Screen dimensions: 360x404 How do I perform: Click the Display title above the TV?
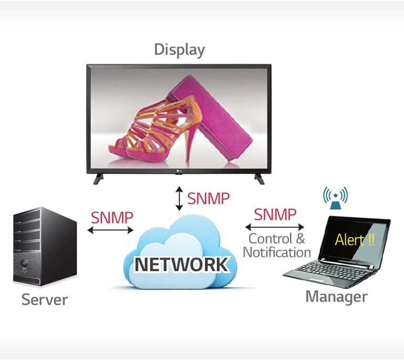coord(179,50)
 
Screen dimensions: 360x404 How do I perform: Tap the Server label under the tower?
coord(45,300)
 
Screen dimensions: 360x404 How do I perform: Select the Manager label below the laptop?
coord(336,296)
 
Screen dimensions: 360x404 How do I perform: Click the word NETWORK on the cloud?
coord(182,264)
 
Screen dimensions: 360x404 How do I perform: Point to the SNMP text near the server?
coord(112,217)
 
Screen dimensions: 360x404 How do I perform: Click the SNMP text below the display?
coord(208,199)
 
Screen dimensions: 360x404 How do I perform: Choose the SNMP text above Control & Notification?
coord(275,214)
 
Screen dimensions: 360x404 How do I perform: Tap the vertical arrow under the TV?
coord(179,199)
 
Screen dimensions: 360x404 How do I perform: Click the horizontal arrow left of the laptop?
coord(275,227)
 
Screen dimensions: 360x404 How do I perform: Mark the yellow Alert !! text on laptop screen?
coord(355,240)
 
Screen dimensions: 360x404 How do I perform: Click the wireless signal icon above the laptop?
coord(336,196)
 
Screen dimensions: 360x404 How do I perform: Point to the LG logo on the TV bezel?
coord(179,169)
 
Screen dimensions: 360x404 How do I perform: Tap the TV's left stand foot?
coord(98,179)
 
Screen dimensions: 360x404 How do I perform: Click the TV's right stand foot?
coord(259,179)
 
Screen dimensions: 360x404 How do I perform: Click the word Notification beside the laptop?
coord(277,252)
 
